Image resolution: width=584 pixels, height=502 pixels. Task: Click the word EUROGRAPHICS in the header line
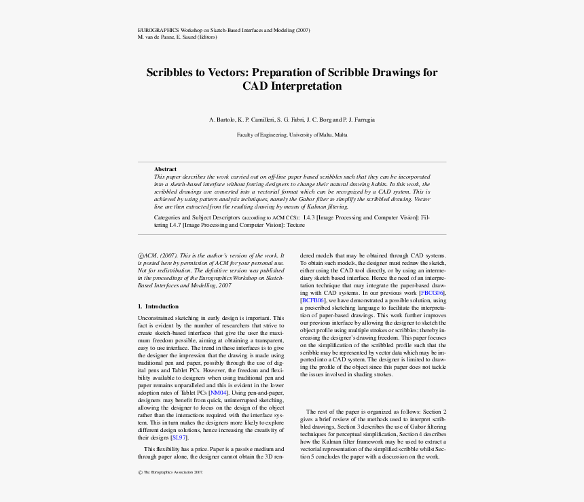[x=158, y=31]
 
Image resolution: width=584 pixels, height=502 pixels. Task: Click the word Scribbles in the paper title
[x=174, y=73]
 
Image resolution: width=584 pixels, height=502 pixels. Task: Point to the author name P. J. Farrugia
[x=358, y=120]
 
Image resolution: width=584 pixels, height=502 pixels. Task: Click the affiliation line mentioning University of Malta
[x=292, y=135]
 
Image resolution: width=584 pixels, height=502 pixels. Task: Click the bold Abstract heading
[x=165, y=169]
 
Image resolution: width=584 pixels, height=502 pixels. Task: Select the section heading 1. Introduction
[x=158, y=306]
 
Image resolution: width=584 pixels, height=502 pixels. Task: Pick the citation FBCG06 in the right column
[x=433, y=292]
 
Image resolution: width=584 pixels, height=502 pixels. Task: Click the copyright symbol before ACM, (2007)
[x=141, y=255]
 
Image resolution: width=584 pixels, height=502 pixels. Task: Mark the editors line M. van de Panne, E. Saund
[x=177, y=37]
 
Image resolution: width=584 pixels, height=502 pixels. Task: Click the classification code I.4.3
[x=309, y=217]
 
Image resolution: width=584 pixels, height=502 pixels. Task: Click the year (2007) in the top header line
[x=302, y=31]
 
